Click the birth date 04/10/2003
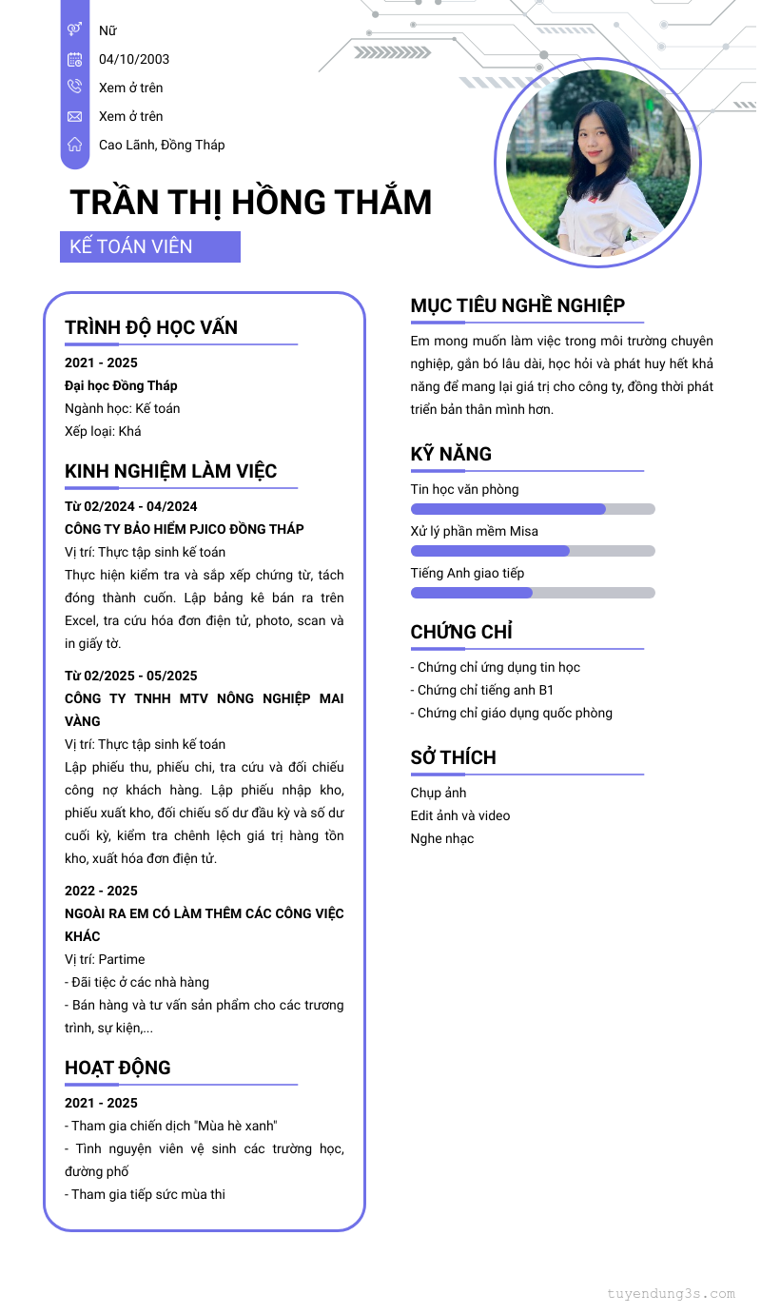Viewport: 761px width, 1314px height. click(134, 59)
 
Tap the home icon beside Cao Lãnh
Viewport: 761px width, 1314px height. click(75, 145)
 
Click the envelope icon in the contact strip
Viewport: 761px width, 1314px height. click(75, 116)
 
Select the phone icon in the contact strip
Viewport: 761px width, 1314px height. click(75, 88)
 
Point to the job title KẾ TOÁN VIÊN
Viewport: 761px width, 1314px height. click(131, 246)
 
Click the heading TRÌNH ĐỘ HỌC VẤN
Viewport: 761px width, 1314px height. click(151, 327)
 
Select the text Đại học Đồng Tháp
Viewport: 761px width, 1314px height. click(121, 385)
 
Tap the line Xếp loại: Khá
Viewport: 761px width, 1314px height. click(103, 431)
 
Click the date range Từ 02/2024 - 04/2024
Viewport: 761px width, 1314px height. click(131, 506)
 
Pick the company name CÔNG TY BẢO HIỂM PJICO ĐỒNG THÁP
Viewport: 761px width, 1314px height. click(185, 529)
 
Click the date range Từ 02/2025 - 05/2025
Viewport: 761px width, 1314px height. click(131, 676)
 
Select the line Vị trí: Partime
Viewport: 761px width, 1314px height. click(105, 959)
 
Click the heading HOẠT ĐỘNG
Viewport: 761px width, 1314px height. click(118, 1068)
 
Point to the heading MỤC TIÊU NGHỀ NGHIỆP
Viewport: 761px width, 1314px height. click(517, 305)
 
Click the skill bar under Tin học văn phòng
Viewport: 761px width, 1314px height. click(533, 509)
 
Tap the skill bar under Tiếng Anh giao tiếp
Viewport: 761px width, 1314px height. click(533, 593)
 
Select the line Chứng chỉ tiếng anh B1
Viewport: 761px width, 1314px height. click(482, 690)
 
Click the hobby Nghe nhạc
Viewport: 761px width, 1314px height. click(442, 838)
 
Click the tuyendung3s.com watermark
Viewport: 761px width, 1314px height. click(671, 1293)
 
